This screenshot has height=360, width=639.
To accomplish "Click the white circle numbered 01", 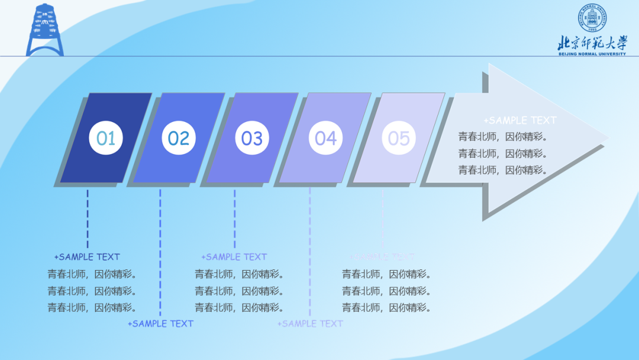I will click(x=106, y=139).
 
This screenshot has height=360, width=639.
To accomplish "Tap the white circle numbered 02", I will click(x=179, y=139).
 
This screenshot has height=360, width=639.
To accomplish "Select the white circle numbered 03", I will click(x=252, y=139).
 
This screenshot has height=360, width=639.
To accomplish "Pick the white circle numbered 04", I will click(x=325, y=139).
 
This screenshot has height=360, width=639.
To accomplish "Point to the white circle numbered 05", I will click(x=399, y=139).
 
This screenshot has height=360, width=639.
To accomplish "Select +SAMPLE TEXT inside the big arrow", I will click(x=520, y=120).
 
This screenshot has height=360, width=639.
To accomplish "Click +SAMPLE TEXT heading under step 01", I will click(x=87, y=257).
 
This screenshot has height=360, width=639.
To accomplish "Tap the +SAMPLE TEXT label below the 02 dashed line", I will click(x=160, y=324).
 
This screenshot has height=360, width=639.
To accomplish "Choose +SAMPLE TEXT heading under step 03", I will click(x=234, y=257).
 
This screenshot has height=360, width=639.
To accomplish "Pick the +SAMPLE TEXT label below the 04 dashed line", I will click(x=310, y=324).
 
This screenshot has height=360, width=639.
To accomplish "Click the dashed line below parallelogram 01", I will click(x=88, y=219).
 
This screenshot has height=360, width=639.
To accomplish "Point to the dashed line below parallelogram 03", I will click(x=234, y=219).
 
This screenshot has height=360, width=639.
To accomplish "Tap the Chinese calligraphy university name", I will click(x=592, y=43).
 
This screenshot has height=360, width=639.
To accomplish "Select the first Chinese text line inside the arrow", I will click(x=503, y=137).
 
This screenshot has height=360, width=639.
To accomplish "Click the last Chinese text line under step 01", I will click(x=92, y=308).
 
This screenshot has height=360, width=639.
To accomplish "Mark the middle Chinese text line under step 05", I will click(x=386, y=291).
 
